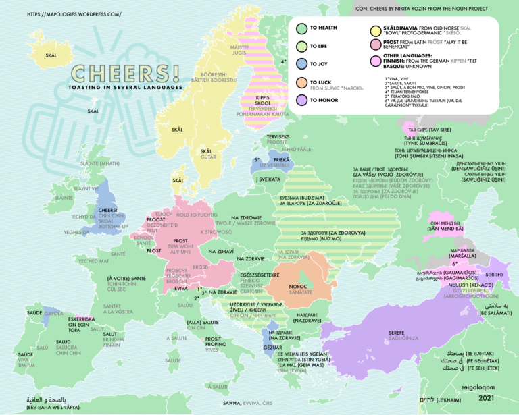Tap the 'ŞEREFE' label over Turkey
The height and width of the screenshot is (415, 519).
pyautogui.click(x=398, y=332)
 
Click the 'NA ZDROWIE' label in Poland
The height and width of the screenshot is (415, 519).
pyautogui.click(x=245, y=217)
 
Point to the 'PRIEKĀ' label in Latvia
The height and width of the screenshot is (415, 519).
pyautogui.click(x=282, y=159)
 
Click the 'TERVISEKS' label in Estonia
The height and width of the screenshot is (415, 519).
pyautogui.click(x=278, y=136)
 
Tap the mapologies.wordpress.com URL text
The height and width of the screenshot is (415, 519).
pyautogui.click(x=74, y=13)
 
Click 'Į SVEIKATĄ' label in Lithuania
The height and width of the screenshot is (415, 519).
pyautogui.click(x=268, y=179)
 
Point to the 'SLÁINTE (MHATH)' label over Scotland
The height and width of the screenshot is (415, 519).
pyautogui.click(x=100, y=163)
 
